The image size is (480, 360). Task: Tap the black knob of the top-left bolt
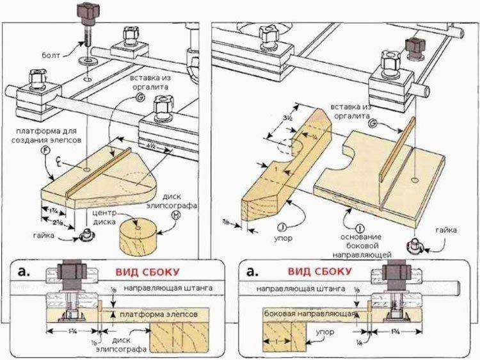[87, 11]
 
